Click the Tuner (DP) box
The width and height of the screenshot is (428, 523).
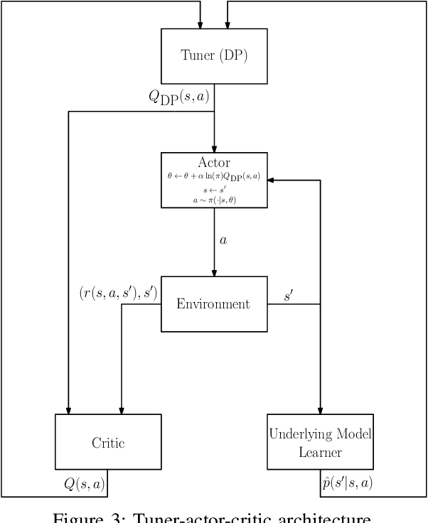tap(214, 57)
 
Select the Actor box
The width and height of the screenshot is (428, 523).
tap(214, 180)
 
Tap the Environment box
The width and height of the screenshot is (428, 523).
tap(214, 304)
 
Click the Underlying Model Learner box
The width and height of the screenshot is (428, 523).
tap(320, 442)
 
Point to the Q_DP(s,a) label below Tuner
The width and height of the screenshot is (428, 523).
tap(178, 97)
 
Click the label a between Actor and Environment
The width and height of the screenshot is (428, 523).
tap(224, 240)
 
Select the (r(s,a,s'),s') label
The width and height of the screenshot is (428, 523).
tap(118, 291)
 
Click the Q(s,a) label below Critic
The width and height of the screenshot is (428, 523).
tap(85, 484)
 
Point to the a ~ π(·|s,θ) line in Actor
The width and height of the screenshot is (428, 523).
tap(214, 200)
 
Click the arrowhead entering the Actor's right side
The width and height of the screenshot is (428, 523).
tap(272, 180)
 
